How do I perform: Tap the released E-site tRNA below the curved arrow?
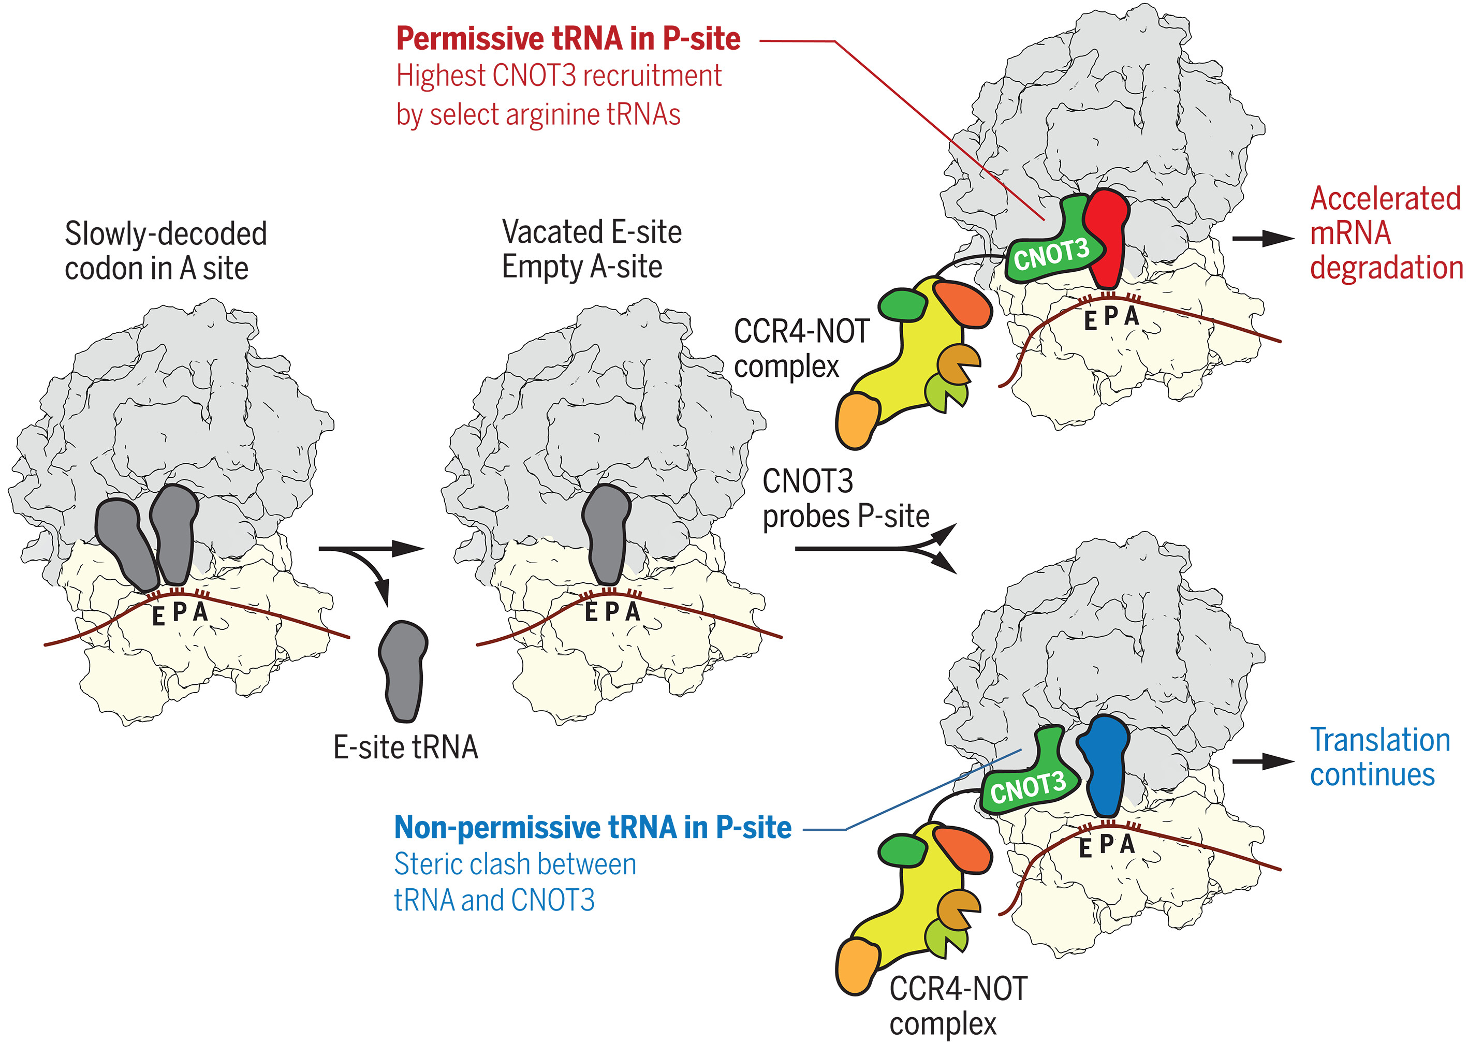(403, 670)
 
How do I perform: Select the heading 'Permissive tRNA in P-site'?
(568, 38)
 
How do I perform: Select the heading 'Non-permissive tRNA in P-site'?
(592, 827)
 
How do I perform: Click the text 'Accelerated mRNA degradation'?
(1385, 233)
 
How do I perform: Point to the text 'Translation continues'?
(1379, 757)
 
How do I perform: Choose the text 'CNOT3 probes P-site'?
(845, 498)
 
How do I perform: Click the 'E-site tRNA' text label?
(405, 747)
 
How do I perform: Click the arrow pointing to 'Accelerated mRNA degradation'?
(1262, 239)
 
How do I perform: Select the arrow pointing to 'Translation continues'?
(1262, 761)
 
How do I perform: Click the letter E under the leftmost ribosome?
(158, 617)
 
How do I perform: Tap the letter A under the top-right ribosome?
(1131, 316)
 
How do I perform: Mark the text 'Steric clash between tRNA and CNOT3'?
(515, 882)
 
